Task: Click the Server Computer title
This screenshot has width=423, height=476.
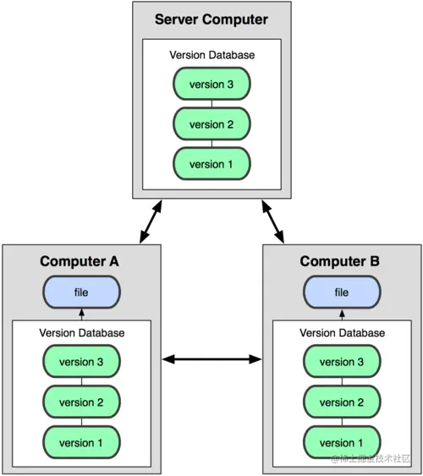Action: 211,19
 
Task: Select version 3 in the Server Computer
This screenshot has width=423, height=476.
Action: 211,84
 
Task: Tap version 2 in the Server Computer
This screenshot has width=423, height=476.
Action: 211,124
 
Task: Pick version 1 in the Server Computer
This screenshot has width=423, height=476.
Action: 211,164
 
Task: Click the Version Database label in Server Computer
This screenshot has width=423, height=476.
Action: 211,55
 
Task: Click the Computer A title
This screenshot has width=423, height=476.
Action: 80,261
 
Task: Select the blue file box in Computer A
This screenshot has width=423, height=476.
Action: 81,293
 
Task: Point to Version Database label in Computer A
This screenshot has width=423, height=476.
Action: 81,332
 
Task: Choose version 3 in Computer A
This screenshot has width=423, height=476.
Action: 81,362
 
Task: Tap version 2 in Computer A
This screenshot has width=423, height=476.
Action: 81,402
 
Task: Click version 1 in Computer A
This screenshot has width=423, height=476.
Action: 81,442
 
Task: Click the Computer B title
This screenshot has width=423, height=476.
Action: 341,261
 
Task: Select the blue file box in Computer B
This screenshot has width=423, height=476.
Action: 342,293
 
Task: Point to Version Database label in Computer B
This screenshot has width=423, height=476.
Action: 342,332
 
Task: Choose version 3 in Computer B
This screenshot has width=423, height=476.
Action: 342,362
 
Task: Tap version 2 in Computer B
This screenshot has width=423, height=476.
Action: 342,402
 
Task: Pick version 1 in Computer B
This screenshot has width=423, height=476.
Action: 342,442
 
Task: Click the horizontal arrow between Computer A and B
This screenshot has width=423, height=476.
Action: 211,359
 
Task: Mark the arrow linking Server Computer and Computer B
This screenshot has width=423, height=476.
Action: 273,222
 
